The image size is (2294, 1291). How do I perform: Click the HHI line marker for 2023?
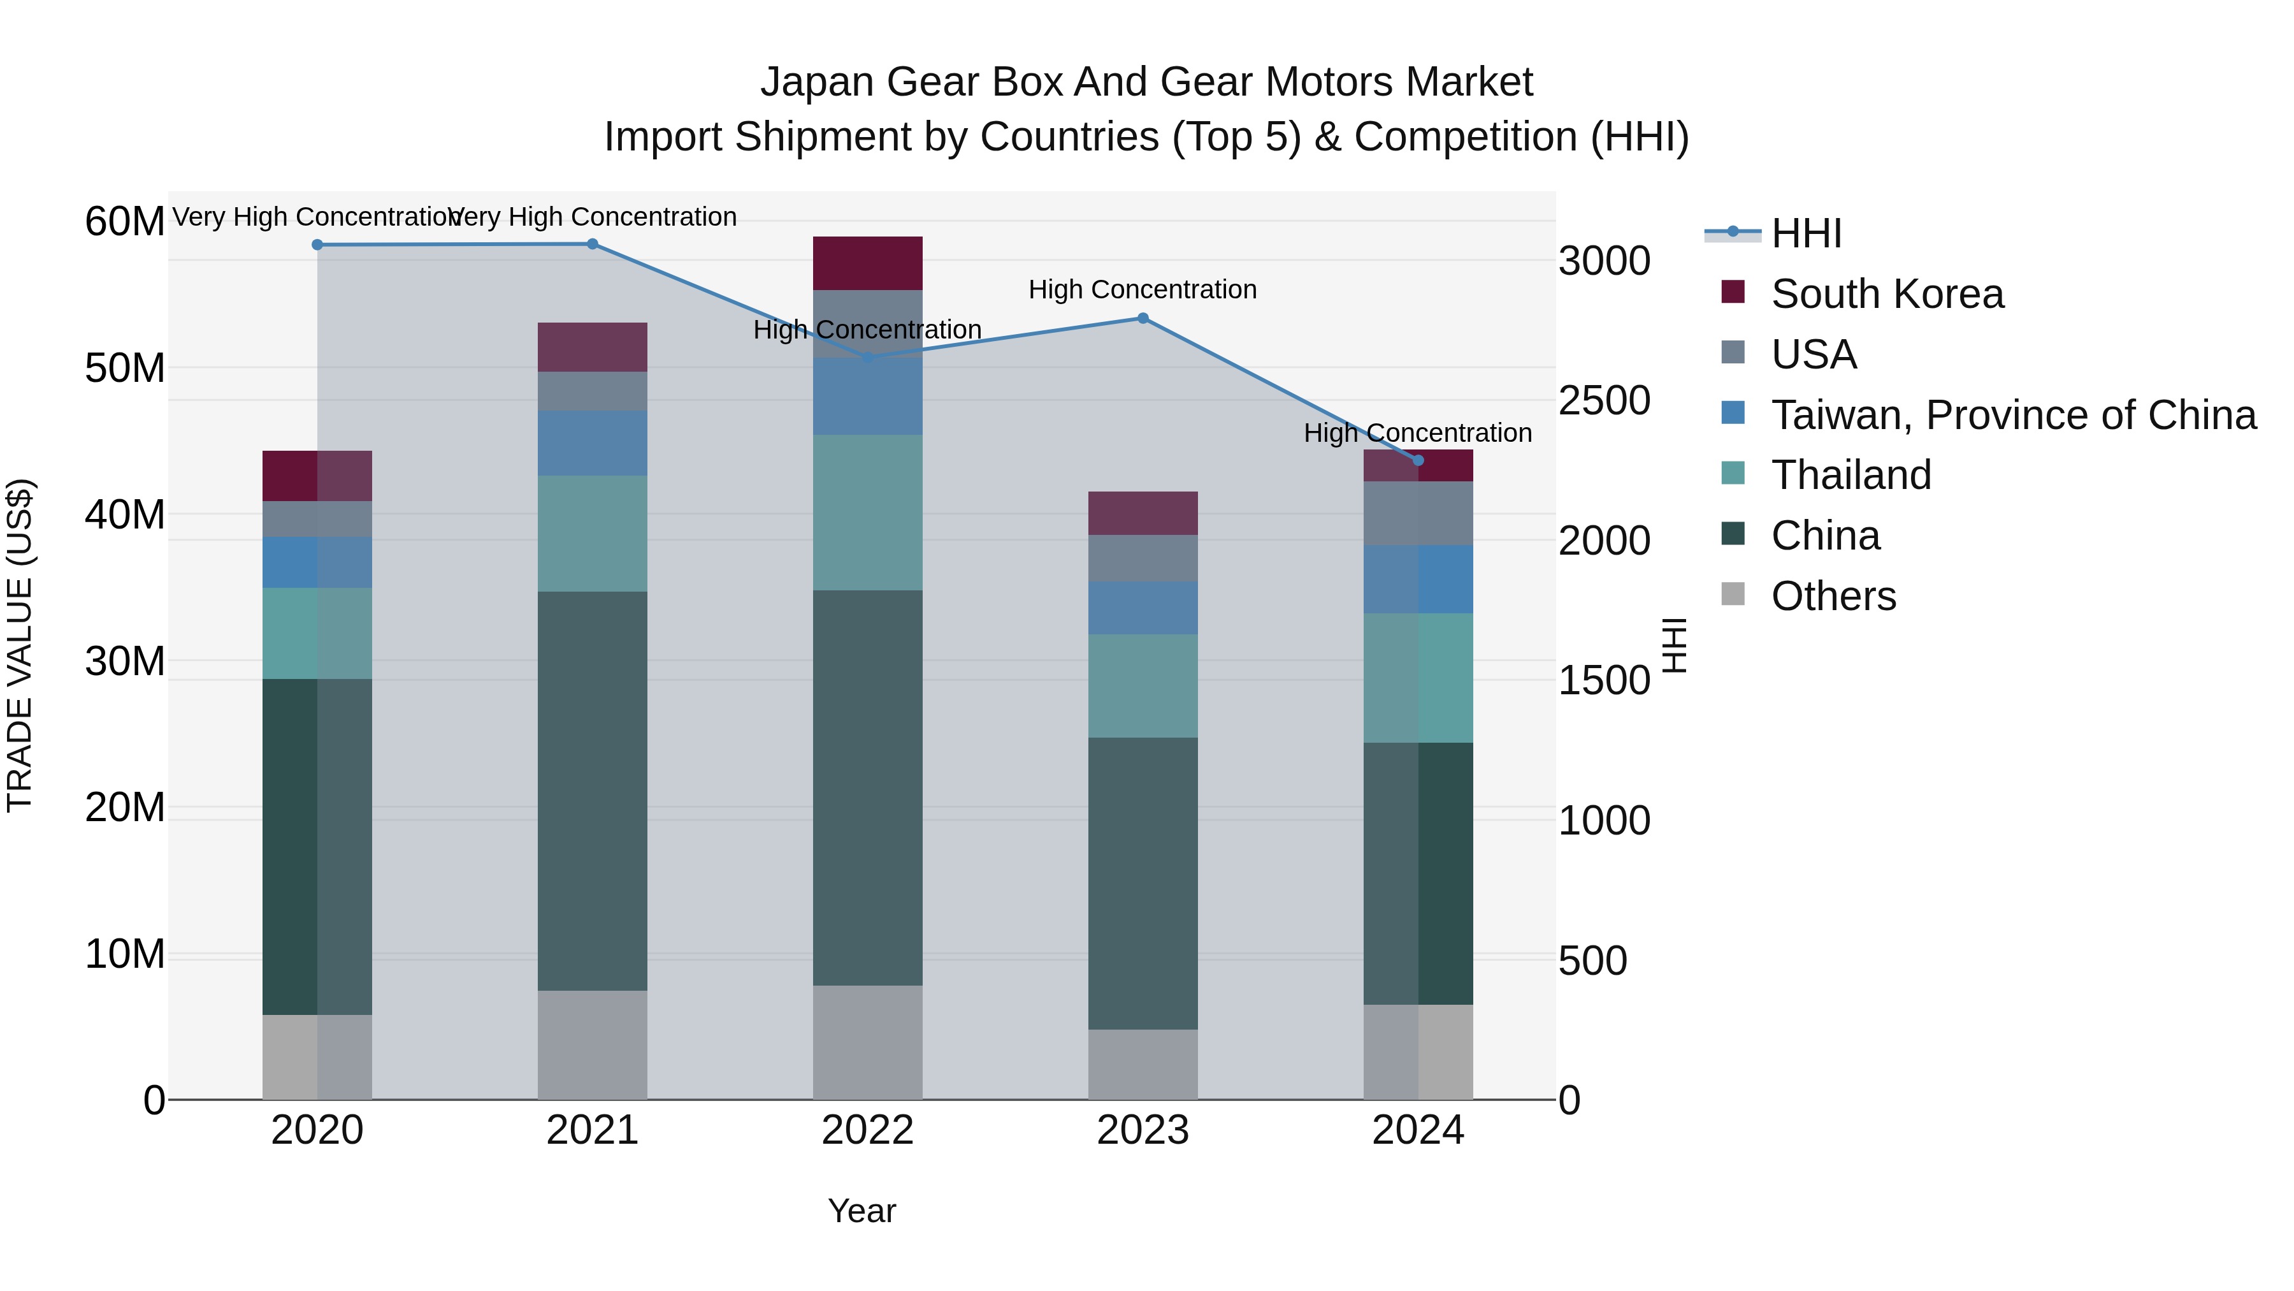click(x=1143, y=318)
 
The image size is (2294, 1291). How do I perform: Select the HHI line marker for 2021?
click(x=592, y=244)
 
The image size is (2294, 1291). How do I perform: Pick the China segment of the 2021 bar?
click(x=592, y=791)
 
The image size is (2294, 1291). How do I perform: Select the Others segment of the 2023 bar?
click(x=1143, y=1064)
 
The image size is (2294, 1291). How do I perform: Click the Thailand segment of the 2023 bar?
click(x=1143, y=685)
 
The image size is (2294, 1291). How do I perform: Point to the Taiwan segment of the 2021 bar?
click(x=592, y=443)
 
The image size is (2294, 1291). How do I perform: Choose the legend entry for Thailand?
click(x=1850, y=475)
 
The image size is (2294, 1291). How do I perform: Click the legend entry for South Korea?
click(x=1886, y=294)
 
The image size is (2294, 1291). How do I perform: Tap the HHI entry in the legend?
click(x=1805, y=233)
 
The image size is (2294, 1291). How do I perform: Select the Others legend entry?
click(x=1833, y=596)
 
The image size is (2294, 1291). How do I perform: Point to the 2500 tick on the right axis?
click(x=1604, y=401)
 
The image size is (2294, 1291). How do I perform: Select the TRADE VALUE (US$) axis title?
click(x=20, y=645)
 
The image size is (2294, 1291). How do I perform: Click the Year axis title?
click(x=861, y=1211)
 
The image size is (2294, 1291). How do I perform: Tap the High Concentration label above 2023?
click(x=1143, y=289)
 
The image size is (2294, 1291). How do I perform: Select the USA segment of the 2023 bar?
click(x=1143, y=558)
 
